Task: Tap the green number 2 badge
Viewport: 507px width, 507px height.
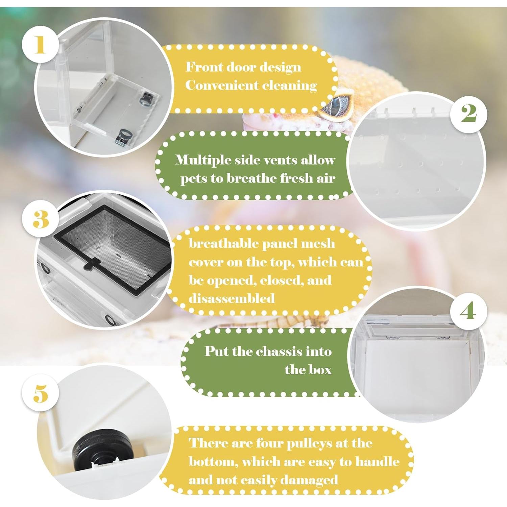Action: [x=469, y=113]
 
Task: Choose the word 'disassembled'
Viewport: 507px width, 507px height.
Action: [x=232, y=298]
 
